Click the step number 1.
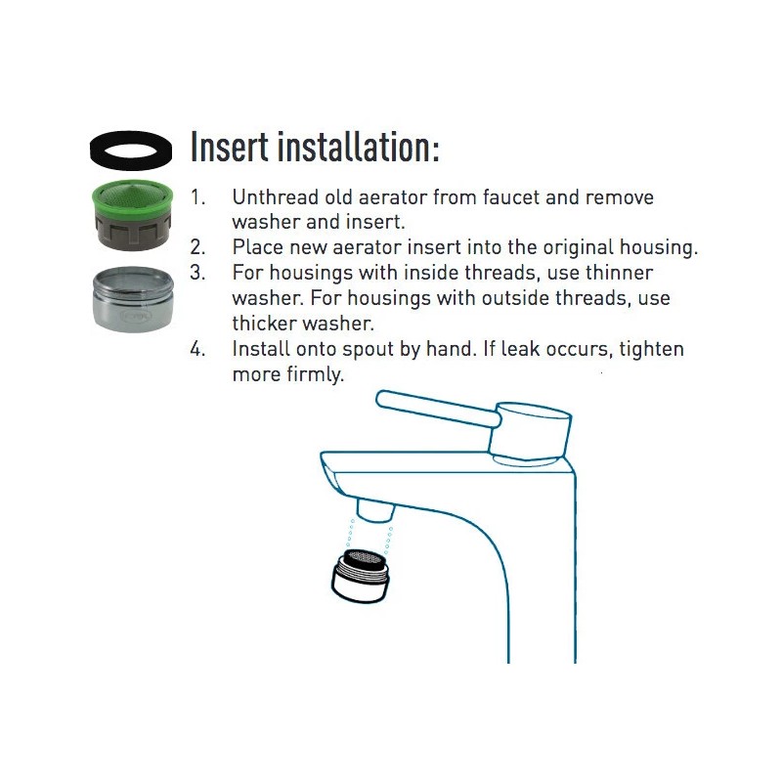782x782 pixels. click(x=197, y=197)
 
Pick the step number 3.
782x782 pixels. click(x=197, y=274)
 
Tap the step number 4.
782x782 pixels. click(x=197, y=350)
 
